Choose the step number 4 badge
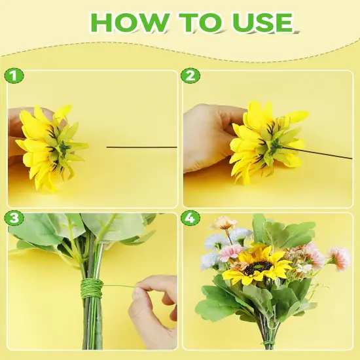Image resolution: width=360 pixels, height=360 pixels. click(x=190, y=218)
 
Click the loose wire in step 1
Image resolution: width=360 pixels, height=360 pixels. click(x=141, y=147)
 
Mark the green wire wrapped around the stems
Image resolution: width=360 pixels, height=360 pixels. click(x=92, y=288)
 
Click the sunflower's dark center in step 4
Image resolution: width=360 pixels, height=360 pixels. click(x=257, y=266)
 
